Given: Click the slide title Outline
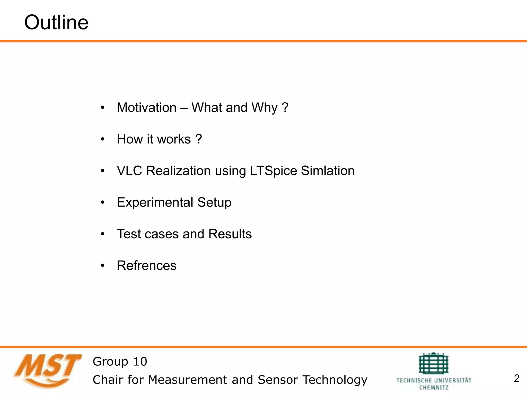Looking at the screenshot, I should click(x=56, y=23).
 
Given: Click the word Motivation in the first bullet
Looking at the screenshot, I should click(x=146, y=107).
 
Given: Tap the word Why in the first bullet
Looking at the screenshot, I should click(x=264, y=108).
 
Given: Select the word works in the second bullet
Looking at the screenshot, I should click(x=174, y=139).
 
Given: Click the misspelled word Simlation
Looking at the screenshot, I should click(x=328, y=171).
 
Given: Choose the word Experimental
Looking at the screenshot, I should click(x=155, y=202).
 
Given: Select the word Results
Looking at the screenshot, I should click(x=230, y=234).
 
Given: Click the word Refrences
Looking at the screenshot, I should click(x=146, y=266).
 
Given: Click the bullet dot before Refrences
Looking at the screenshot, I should click(x=103, y=266).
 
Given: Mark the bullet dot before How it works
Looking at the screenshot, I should click(x=103, y=139).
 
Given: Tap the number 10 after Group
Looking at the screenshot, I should click(x=140, y=362).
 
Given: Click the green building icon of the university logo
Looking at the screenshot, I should click(x=434, y=363).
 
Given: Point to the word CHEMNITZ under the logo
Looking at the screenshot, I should click(x=434, y=388).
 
